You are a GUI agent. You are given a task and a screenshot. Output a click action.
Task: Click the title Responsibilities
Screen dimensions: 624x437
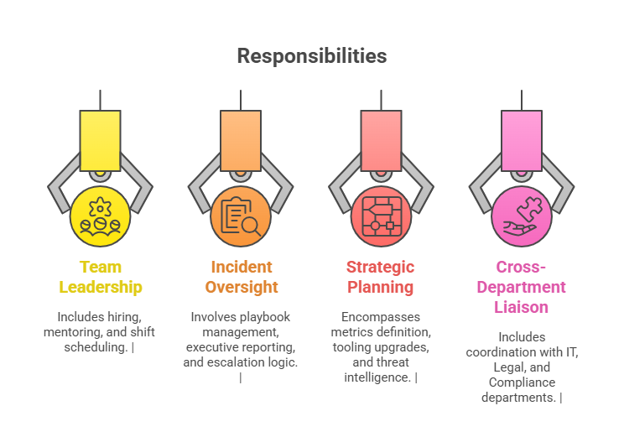[x=311, y=55]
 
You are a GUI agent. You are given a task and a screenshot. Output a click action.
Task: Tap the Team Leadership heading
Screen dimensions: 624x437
[x=101, y=277]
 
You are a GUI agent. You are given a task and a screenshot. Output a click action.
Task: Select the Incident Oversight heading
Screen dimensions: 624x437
[x=241, y=277]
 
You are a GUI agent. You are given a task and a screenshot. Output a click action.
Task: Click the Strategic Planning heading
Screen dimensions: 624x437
[x=380, y=277]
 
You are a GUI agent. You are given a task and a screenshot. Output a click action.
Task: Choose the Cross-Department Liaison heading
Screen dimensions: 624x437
[x=521, y=287]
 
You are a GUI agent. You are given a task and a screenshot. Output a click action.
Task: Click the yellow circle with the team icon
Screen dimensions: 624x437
[x=101, y=216]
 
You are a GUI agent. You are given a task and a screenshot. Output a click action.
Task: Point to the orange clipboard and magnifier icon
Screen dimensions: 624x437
[x=241, y=216]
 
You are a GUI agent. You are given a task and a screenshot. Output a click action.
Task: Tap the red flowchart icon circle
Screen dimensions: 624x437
[x=380, y=216]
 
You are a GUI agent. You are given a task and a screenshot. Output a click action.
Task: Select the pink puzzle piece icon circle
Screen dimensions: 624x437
[x=521, y=216]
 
